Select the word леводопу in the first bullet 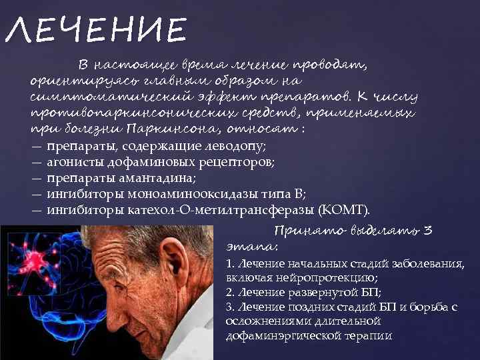click(x=237, y=145)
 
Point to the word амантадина click(x=161, y=178)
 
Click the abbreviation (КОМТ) click(x=343, y=211)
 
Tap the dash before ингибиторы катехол click(x=36, y=211)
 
